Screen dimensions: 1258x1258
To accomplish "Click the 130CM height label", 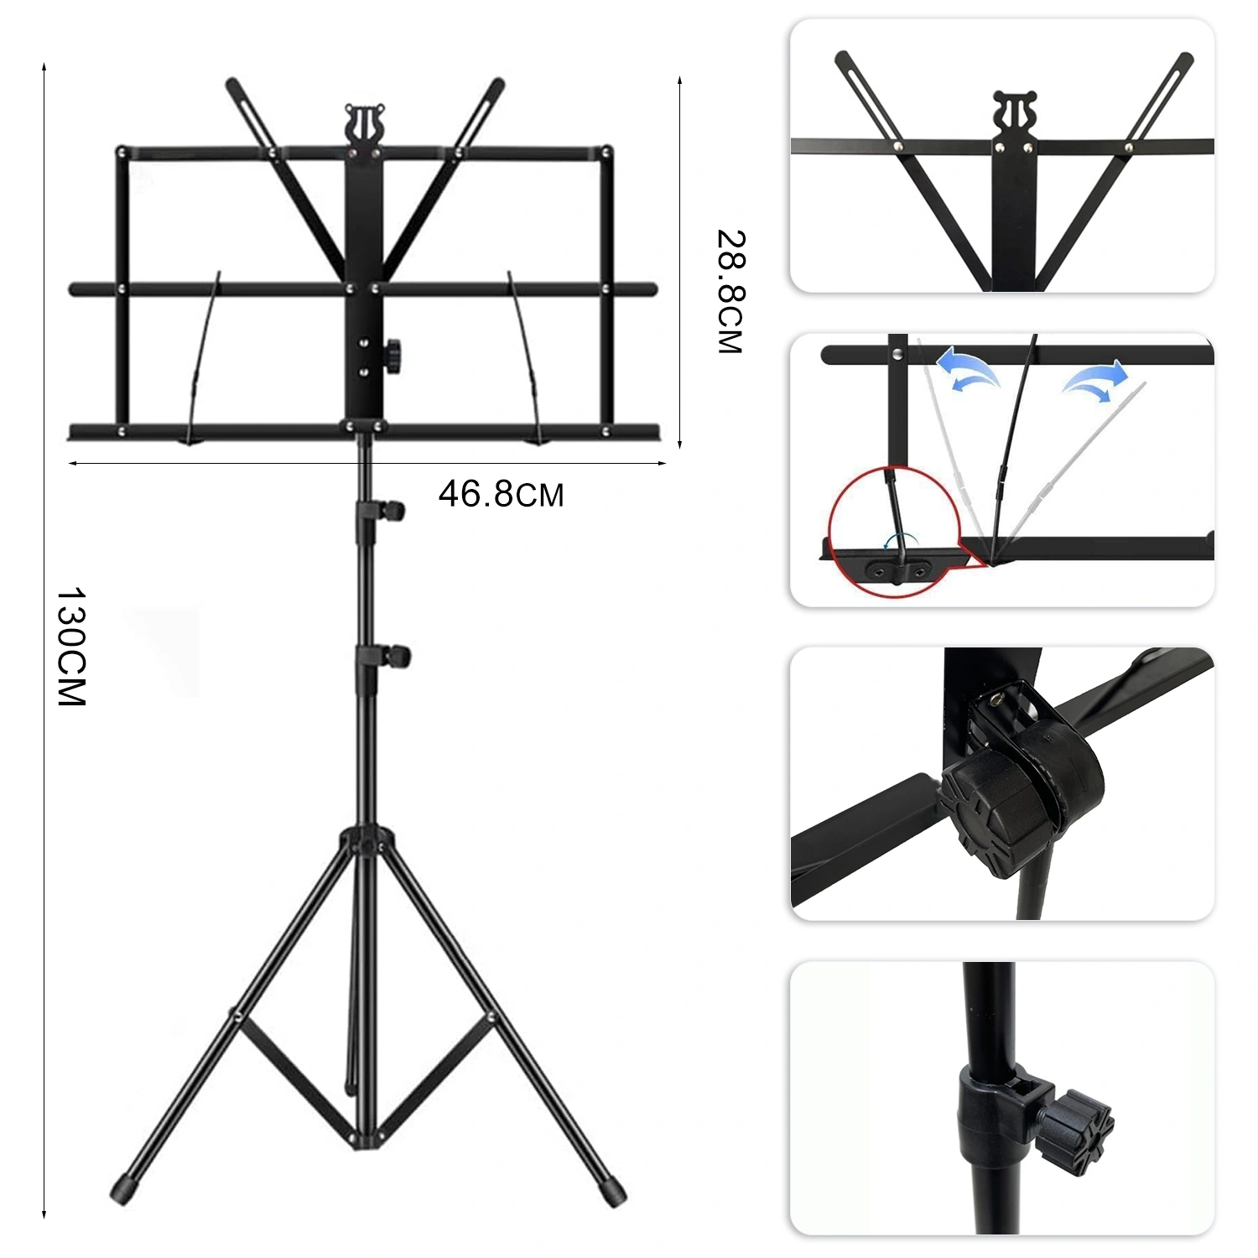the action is [71, 647].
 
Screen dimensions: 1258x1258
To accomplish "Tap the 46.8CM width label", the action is [501, 494].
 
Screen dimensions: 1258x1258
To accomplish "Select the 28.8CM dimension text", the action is [730, 292].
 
